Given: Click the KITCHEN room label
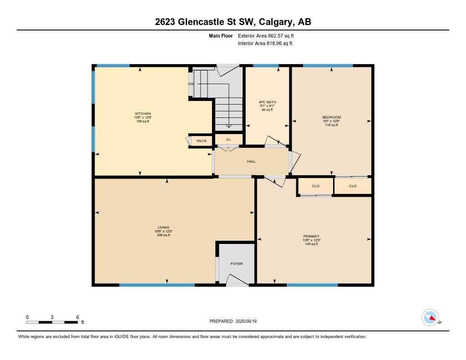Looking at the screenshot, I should [143, 114].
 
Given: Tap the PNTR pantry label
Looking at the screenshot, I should [202, 142].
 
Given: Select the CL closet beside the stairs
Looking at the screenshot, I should [228, 139].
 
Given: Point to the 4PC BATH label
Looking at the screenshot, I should [267, 102].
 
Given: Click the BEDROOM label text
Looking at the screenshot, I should [331, 117].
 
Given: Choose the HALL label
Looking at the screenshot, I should [251, 162].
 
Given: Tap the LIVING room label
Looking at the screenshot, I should [163, 227].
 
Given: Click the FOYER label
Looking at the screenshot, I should [237, 264].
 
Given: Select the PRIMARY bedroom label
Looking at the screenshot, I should [311, 236].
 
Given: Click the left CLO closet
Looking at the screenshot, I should [316, 186].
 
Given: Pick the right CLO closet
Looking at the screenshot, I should [353, 186].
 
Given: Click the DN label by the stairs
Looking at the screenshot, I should [191, 84].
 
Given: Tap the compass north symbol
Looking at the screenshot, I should [431, 317].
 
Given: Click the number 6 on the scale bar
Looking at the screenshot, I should [78, 317].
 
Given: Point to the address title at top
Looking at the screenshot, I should [233, 22].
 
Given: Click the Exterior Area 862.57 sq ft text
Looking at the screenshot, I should [269, 35].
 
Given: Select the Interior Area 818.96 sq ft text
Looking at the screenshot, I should [265, 44].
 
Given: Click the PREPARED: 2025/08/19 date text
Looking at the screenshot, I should [236, 321].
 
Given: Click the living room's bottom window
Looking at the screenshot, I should [157, 285].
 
